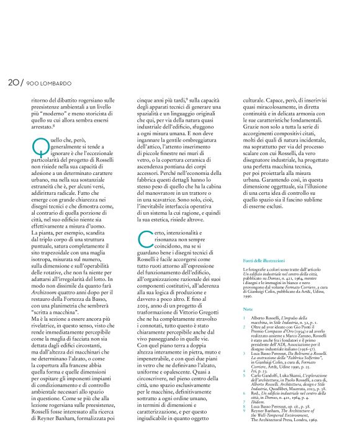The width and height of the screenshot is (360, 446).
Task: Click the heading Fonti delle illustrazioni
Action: pyautogui.click(x=260, y=261)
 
